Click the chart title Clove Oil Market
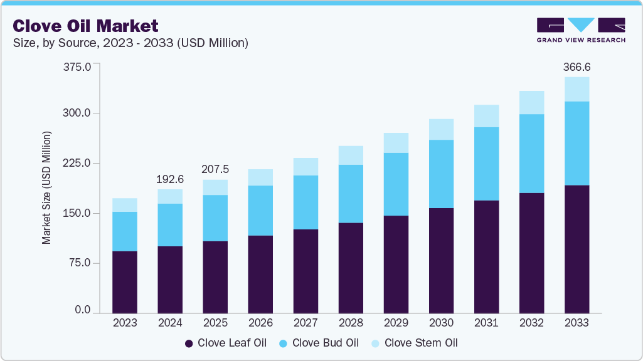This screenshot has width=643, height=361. (x=85, y=26)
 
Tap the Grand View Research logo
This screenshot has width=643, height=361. (x=581, y=29)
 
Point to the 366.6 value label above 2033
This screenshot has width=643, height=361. (x=577, y=66)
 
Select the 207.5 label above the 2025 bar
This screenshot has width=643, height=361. (x=215, y=169)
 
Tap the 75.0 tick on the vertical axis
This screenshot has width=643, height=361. (x=80, y=263)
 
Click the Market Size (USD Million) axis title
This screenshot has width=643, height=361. (x=46, y=188)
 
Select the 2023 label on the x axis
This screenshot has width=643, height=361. (x=125, y=323)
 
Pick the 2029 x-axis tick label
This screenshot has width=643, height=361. (x=396, y=323)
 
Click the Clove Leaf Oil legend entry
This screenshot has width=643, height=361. (x=225, y=343)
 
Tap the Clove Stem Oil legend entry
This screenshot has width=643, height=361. (x=414, y=343)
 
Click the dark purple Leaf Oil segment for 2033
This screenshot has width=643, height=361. (x=577, y=249)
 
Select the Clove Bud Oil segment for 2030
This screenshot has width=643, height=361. (x=441, y=174)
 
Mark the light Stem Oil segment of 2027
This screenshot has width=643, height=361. (x=306, y=167)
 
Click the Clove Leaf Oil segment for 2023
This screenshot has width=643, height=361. (x=125, y=281)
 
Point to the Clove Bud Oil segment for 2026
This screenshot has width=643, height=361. (x=260, y=211)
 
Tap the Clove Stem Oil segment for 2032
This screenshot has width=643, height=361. (x=531, y=102)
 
